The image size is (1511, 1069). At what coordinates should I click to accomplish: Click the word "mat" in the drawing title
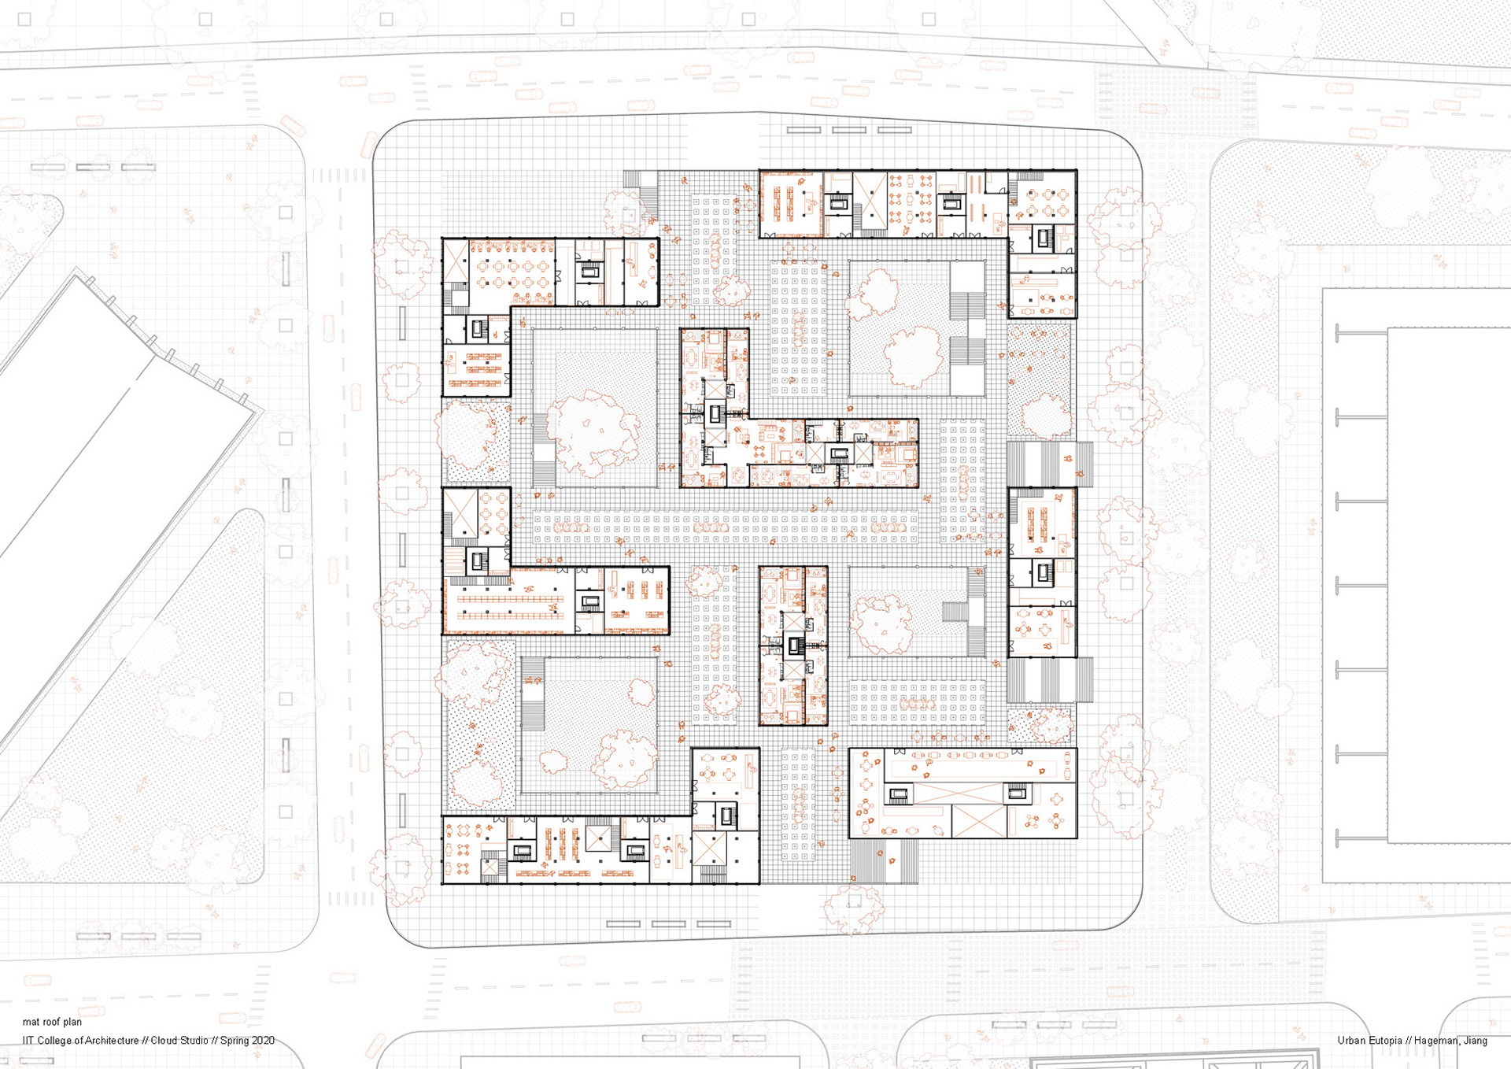click(x=31, y=1022)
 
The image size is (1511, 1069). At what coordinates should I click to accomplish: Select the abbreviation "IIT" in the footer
click(x=28, y=1041)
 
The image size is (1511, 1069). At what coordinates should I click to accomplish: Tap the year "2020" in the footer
click(x=262, y=1041)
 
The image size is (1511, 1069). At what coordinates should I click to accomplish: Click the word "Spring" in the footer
click(x=234, y=1041)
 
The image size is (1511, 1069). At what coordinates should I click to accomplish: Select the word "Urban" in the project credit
click(x=1350, y=1041)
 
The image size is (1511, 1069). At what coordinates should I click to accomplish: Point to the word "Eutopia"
click(x=1384, y=1041)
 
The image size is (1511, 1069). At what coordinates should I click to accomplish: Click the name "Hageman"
click(x=1437, y=1041)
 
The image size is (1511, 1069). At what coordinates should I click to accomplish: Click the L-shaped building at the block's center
click(x=755, y=453)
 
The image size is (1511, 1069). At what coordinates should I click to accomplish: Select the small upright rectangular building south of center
click(x=793, y=645)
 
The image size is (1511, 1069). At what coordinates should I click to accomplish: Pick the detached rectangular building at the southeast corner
click(x=962, y=793)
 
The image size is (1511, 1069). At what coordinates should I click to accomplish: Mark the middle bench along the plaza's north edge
click(x=849, y=130)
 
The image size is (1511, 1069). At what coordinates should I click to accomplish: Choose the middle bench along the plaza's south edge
click(x=668, y=924)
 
